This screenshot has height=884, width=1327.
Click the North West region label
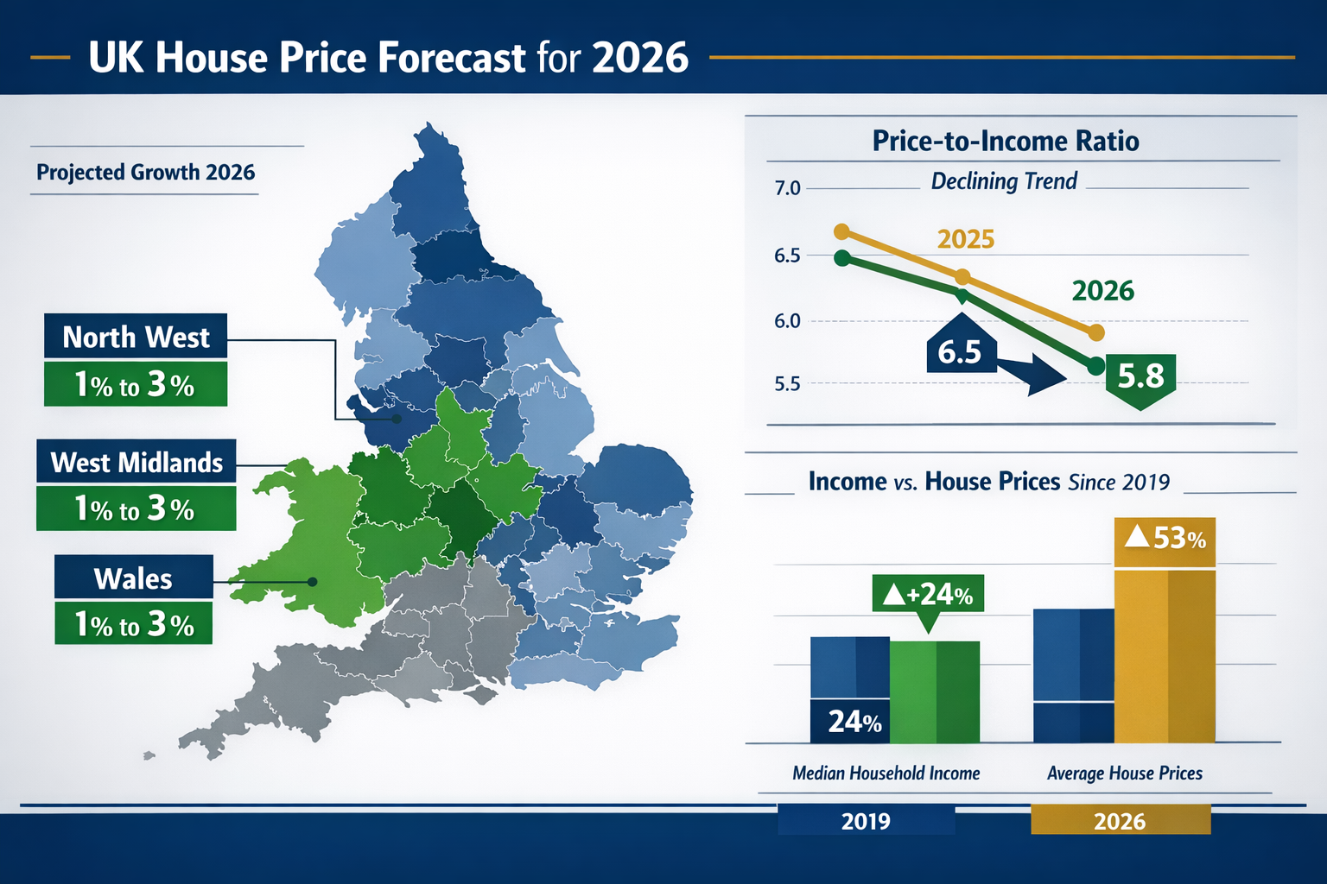tap(136, 337)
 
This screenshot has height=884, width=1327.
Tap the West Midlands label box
tap(137, 463)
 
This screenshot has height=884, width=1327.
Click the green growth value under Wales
tap(133, 624)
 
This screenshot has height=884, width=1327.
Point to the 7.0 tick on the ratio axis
tap(787, 188)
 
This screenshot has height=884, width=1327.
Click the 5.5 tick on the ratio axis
tap(787, 383)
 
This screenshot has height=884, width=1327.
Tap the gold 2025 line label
tap(966, 239)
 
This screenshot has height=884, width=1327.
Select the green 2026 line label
tap(1102, 291)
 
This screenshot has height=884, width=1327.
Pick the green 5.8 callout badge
tap(1140, 376)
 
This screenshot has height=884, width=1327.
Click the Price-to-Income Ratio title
tap(1005, 141)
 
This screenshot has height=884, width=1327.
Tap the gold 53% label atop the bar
tap(1165, 539)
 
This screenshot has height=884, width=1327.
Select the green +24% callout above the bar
tap(928, 594)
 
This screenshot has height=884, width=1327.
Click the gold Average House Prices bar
tap(1165, 656)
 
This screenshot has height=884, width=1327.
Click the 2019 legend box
tap(866, 820)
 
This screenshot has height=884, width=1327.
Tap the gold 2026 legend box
tap(1120, 820)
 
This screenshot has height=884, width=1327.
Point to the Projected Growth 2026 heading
tap(145, 172)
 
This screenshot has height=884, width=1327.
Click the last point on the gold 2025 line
tap(1095, 332)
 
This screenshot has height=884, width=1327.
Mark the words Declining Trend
tap(1004, 181)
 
